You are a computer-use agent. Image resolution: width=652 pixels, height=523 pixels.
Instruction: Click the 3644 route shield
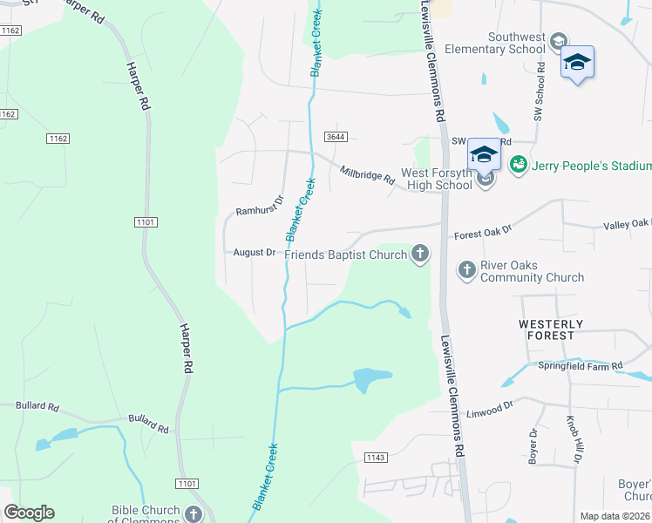(336, 137)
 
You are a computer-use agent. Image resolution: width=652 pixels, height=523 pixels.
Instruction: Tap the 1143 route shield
(376, 458)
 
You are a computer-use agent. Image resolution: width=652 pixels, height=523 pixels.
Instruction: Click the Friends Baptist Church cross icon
(420, 255)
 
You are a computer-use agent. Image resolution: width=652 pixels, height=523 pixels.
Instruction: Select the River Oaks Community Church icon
(467, 271)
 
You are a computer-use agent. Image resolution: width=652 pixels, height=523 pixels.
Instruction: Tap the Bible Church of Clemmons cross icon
(194, 514)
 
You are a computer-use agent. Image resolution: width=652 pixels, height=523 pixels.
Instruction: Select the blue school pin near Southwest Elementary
(577, 63)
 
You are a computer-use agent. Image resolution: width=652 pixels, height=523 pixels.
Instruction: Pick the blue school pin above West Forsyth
(485, 154)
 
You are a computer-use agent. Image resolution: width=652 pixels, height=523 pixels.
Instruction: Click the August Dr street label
(255, 253)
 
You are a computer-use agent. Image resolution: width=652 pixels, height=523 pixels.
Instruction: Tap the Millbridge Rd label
(367, 174)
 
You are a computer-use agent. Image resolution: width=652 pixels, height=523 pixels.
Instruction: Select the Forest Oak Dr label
(483, 234)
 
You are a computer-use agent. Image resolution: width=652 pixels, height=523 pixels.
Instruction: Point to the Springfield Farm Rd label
(580, 365)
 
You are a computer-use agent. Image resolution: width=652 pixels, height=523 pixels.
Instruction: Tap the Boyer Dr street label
(533, 445)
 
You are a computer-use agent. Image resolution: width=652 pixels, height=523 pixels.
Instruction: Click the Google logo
(29, 513)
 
